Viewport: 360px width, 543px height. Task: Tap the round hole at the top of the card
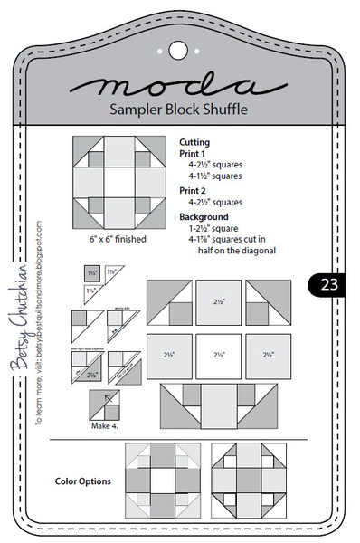177,48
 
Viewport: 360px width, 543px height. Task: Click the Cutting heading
198,142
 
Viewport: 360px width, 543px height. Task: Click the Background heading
204,217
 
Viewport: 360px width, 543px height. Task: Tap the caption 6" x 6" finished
112,240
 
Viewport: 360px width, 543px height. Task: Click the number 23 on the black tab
325,285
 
